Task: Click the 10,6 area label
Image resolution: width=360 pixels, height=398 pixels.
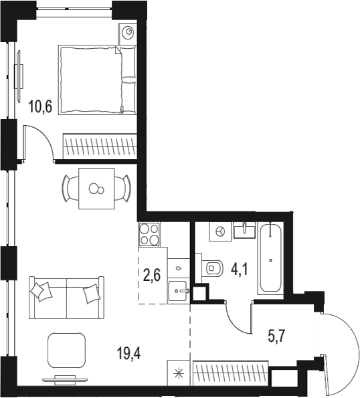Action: point(41,106)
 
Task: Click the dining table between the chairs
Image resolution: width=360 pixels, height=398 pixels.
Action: point(97,188)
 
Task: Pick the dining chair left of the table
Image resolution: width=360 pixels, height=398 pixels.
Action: point(70,188)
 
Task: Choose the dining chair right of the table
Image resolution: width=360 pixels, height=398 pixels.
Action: point(123,188)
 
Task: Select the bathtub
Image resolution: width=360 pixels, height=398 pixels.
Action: point(272,258)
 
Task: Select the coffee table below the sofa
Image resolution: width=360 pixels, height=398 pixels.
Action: point(67,350)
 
